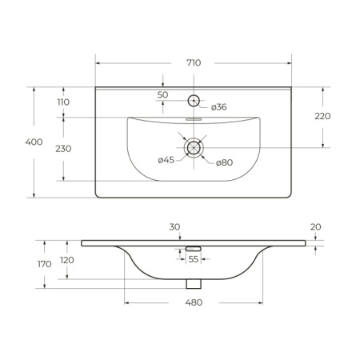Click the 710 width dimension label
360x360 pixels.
(194, 62)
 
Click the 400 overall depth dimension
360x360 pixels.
(34, 142)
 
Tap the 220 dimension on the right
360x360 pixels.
(322, 116)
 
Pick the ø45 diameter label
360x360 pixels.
(166, 160)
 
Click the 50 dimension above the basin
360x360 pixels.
(162, 95)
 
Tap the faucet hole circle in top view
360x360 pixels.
(193, 101)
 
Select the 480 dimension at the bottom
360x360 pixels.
(194, 302)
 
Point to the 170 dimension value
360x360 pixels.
(44, 263)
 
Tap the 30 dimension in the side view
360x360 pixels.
(174, 227)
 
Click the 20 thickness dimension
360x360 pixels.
(315, 227)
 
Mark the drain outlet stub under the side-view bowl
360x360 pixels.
(193, 283)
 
